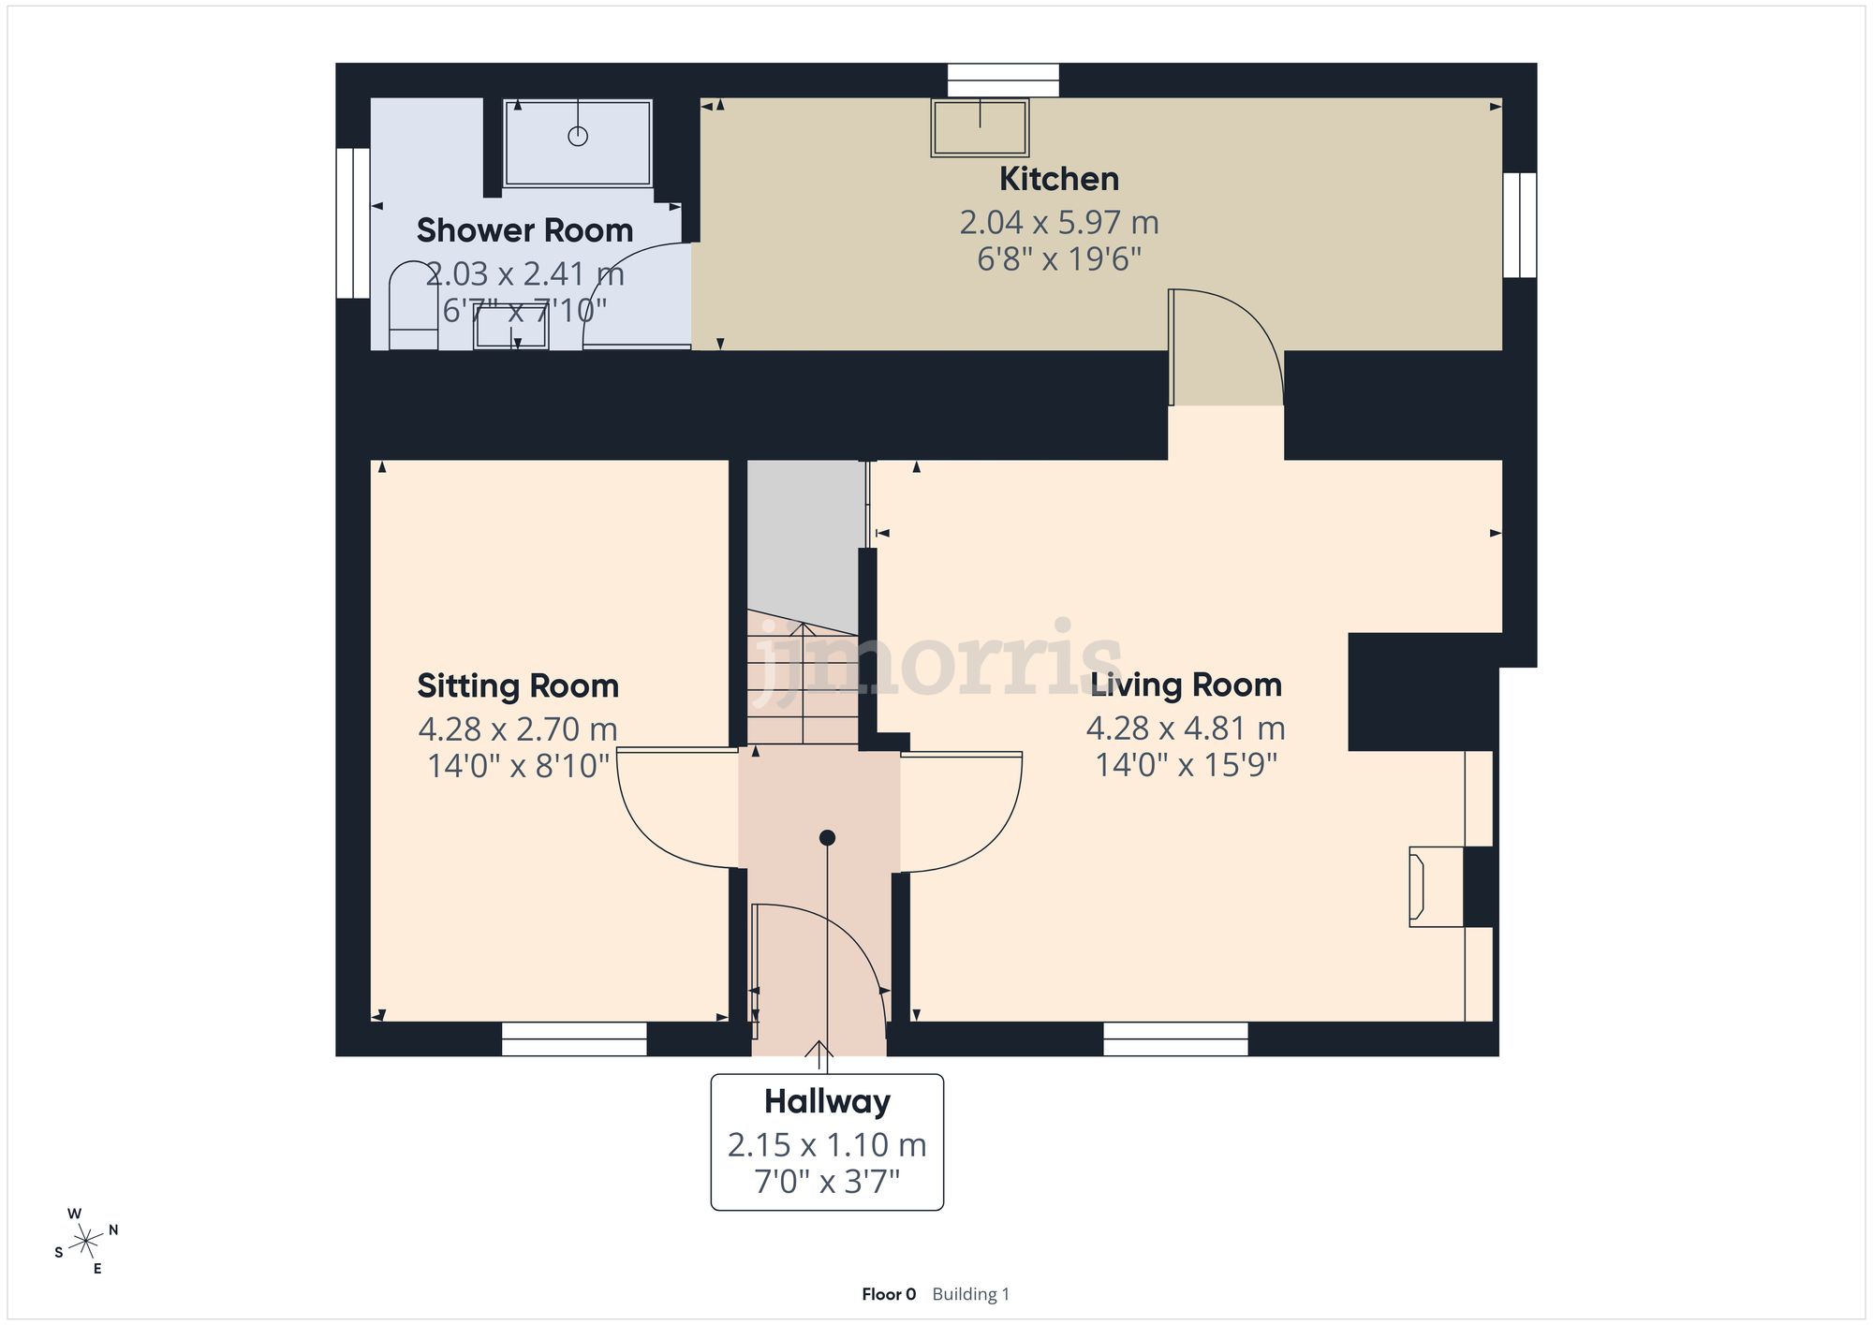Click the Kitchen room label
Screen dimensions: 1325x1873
point(1058,179)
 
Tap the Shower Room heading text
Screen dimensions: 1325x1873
point(524,230)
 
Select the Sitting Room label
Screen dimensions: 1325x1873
point(518,685)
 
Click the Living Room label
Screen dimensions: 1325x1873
point(1186,685)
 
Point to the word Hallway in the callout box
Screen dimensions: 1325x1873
point(827,1101)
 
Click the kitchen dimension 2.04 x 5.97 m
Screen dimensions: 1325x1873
point(1058,223)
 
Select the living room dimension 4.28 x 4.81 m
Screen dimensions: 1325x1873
point(1186,728)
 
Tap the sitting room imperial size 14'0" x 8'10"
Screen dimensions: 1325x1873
point(518,766)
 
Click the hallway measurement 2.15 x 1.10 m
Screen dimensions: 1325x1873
point(827,1144)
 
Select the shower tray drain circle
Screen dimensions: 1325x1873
point(578,137)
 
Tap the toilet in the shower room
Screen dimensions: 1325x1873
point(413,304)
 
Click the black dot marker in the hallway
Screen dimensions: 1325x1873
point(827,838)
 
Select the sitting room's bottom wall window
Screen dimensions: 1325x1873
point(574,1038)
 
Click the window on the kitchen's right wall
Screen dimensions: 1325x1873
point(1519,225)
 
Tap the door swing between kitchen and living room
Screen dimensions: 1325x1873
point(1227,346)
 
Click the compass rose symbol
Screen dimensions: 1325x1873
point(87,1242)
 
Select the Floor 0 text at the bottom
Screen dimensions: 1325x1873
point(888,1294)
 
